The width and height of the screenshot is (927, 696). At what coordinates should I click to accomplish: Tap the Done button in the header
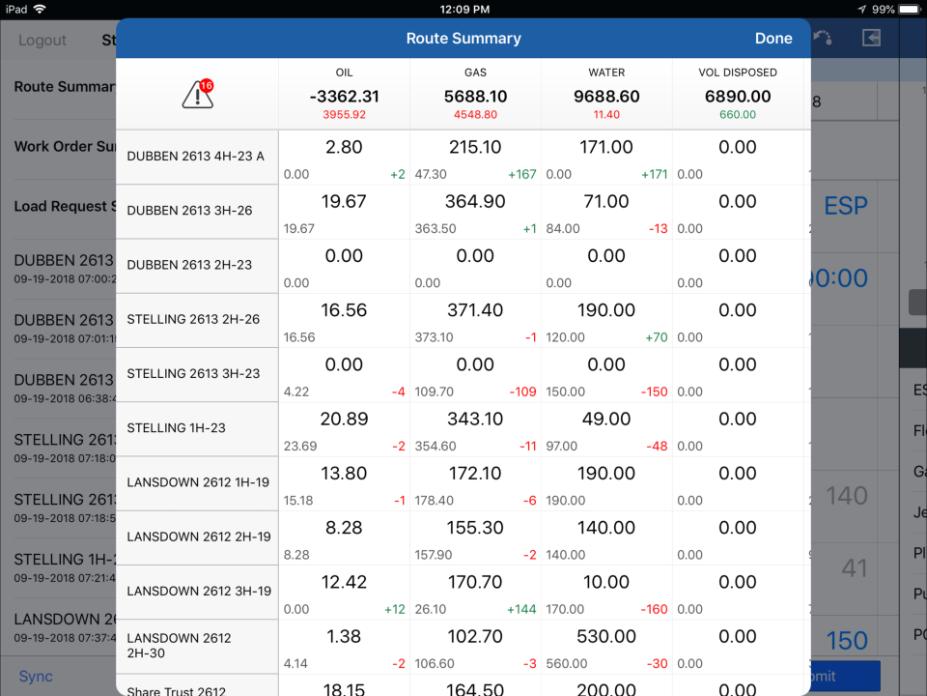[773, 39]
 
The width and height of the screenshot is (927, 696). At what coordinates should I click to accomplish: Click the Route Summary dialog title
[463, 39]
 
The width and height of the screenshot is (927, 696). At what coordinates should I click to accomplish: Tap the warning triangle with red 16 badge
[198, 94]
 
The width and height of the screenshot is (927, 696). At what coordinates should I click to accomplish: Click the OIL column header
[344, 72]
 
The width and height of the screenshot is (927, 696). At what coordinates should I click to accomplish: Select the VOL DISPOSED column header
[738, 72]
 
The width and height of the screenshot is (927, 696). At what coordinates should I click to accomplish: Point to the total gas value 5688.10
[475, 96]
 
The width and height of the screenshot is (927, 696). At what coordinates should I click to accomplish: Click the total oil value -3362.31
[344, 96]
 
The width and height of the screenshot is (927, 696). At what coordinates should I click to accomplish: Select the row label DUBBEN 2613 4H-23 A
[195, 156]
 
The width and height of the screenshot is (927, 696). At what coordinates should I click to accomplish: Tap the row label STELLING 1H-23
[176, 427]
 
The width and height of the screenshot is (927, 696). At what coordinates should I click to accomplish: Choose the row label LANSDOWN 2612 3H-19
[199, 591]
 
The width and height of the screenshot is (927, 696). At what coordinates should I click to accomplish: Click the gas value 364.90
[475, 201]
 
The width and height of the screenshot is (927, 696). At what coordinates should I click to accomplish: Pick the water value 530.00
[606, 636]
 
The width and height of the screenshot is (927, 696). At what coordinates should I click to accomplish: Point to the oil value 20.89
[344, 419]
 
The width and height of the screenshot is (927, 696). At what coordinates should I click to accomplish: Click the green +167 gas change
[521, 175]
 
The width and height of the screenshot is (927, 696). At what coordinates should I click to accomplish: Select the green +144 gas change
[521, 610]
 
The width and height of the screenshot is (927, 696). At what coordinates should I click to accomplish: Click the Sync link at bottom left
[36, 676]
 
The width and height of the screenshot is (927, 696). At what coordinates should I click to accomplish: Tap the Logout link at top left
[42, 41]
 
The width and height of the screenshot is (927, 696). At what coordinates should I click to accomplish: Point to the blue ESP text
[845, 206]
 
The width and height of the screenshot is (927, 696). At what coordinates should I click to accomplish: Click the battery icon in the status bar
[910, 9]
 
